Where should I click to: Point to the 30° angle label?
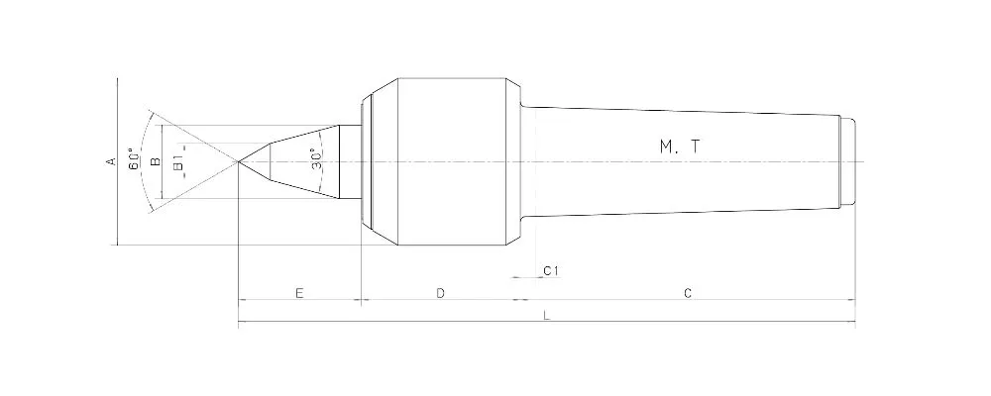click(x=316, y=160)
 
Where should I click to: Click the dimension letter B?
click(x=156, y=160)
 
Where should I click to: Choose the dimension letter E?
click(x=298, y=293)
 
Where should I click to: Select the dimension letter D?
click(x=441, y=293)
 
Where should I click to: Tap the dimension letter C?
click(x=687, y=293)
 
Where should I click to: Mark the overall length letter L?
click(x=546, y=315)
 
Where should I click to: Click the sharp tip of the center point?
click(x=240, y=161)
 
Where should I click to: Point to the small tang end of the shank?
click(x=847, y=161)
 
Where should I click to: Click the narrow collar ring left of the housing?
click(x=366, y=161)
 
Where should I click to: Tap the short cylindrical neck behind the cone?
click(x=349, y=161)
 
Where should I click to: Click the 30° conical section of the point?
click(x=297, y=161)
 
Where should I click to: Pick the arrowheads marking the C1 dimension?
click(x=522, y=279)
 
